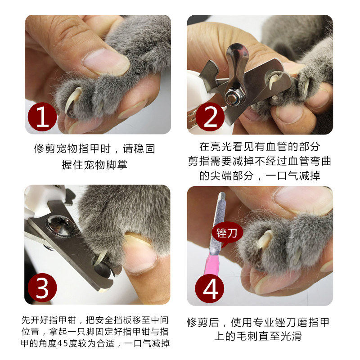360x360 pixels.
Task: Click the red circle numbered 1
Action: pyautogui.click(x=42, y=117)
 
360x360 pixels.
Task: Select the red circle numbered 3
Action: pyautogui.click(x=42, y=288)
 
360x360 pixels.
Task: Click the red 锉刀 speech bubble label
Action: pyautogui.click(x=226, y=234)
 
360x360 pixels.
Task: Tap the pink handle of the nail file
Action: pyautogui.click(x=212, y=264)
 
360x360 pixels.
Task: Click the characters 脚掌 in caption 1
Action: pyautogui.click(x=116, y=165)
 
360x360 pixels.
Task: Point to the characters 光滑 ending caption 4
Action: pyautogui.click(x=291, y=336)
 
